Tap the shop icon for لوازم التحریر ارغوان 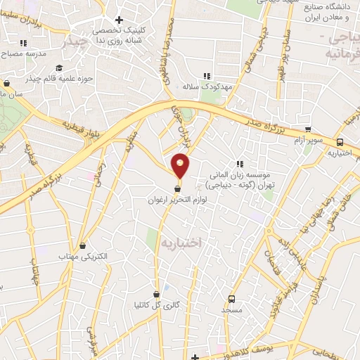click(178, 188)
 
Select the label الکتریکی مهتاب click(85, 257)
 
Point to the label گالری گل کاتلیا click(155, 304)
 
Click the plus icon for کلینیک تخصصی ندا click(119, 20)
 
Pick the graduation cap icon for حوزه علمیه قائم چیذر click(60, 68)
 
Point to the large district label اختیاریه click(181, 242)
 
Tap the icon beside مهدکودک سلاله click(206, 76)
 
